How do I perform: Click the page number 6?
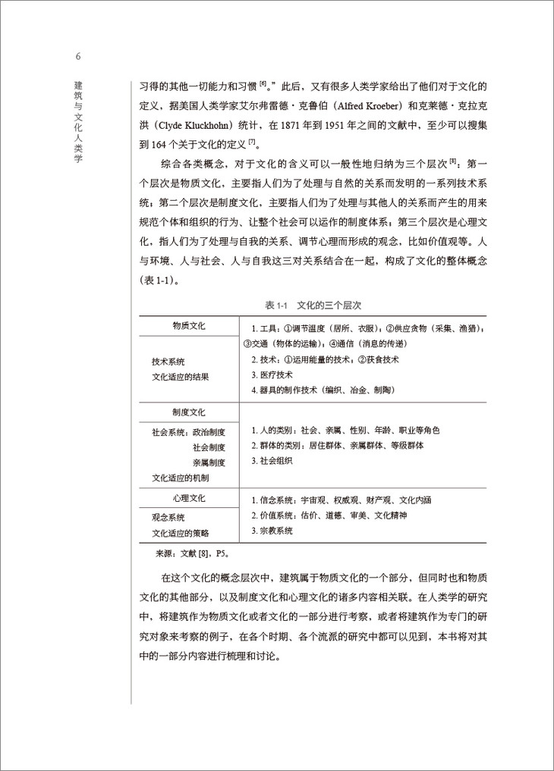tap(78, 57)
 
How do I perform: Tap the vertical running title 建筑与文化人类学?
tap(78, 121)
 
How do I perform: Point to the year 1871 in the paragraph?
tap(289, 124)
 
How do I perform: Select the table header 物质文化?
tap(189, 326)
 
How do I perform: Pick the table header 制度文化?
tap(189, 412)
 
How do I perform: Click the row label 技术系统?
tap(168, 362)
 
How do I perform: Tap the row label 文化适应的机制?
tap(181, 478)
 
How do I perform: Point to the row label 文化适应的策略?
tap(181, 533)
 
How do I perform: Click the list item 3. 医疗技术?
tap(272, 375)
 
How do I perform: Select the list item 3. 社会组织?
tap(272, 460)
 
